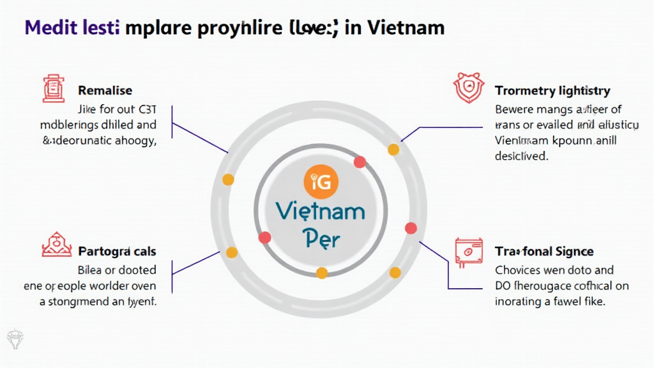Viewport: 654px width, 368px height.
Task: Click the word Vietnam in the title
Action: [409, 28]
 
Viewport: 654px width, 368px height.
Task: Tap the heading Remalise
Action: [105, 91]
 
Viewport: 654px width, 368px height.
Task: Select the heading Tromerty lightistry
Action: [552, 91]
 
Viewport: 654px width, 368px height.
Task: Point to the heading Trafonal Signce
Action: [544, 251]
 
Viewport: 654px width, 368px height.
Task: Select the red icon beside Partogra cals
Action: [54, 245]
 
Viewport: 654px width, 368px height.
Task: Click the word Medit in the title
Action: [46, 28]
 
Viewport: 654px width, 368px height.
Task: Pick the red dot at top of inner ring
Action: [360, 162]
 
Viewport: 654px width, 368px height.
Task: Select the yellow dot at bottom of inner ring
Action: [322, 273]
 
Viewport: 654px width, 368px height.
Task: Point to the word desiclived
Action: [521, 156]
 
